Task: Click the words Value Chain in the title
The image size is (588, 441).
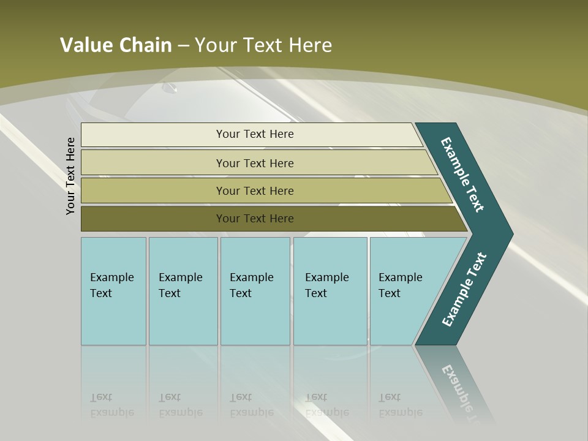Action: click(116, 45)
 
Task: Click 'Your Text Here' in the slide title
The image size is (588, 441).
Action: click(263, 45)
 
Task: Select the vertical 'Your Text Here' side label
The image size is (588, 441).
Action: click(71, 176)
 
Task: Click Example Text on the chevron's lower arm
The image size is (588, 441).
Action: click(464, 290)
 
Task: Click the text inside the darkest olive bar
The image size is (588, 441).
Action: click(255, 219)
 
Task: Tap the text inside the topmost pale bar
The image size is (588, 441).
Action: click(255, 134)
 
